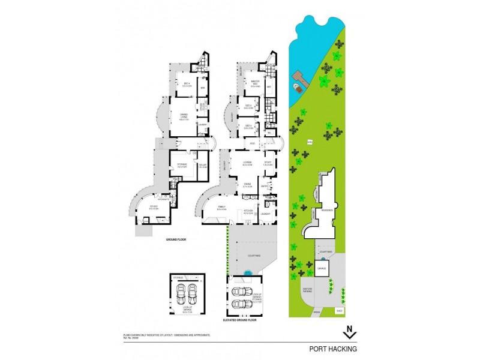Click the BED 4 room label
pyautogui.click(x=187, y=84)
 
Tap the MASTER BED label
pyautogui.click(x=255, y=84)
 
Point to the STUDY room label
pyautogui.click(x=268, y=163)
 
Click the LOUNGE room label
pyautogui.click(x=247, y=163)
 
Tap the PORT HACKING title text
pyautogui.click(x=333, y=349)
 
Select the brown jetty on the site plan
pyautogui.click(x=298, y=77)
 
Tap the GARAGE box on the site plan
pyautogui.click(x=322, y=268)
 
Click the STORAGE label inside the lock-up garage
pyautogui.click(x=178, y=278)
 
